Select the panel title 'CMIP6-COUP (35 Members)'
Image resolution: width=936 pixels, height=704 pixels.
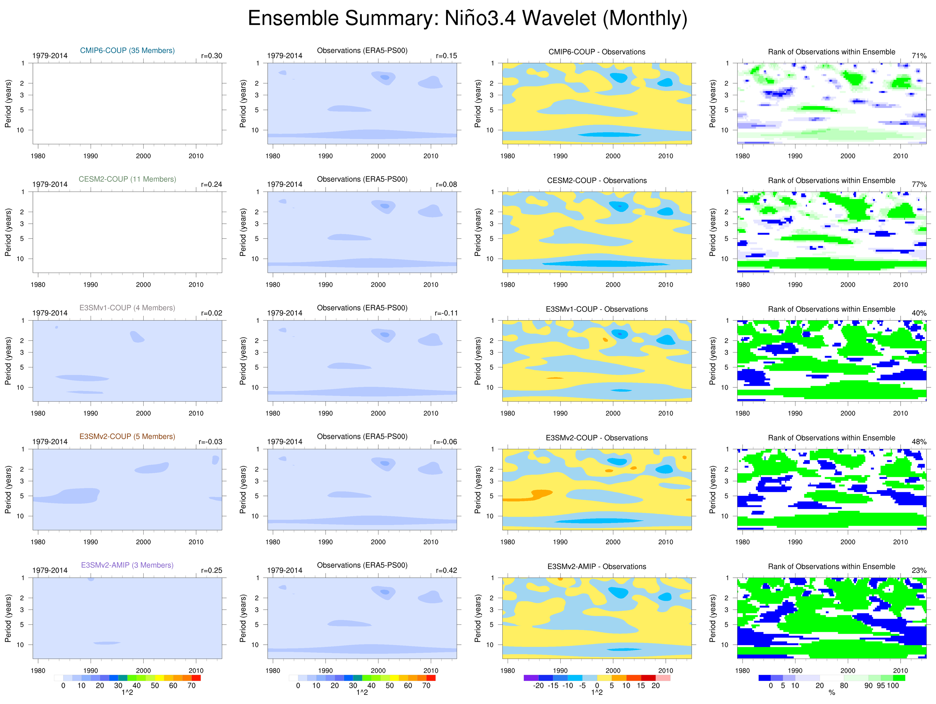pyautogui.click(x=127, y=50)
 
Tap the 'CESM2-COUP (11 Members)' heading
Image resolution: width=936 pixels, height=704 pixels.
pyautogui.click(x=127, y=179)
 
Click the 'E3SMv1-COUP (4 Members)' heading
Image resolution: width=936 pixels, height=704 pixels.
pyautogui.click(x=127, y=307)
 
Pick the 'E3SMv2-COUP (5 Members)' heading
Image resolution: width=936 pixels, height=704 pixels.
pyautogui.click(x=127, y=436)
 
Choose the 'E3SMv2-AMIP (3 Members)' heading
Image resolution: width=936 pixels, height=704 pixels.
pyautogui.click(x=127, y=565)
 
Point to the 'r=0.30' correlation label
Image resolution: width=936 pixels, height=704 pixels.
pyautogui.click(x=212, y=56)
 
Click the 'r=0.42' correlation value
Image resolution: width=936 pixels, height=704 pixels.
pyautogui.click(x=446, y=570)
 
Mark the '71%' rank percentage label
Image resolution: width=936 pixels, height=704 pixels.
pyautogui.click(x=919, y=56)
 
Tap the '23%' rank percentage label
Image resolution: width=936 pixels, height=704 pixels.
pyautogui.click(x=919, y=570)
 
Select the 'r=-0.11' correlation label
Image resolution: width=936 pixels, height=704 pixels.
pyautogui.click(x=446, y=313)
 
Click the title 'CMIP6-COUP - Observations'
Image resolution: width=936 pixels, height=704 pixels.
pyautogui.click(x=597, y=51)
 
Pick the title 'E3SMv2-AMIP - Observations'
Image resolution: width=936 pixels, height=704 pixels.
pyautogui.click(x=597, y=566)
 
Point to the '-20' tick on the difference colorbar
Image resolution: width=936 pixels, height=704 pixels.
pyautogui.click(x=538, y=685)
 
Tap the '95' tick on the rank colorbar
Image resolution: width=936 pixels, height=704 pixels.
pyautogui.click(x=881, y=685)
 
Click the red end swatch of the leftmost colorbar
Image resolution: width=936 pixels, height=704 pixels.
pyautogui.click(x=196, y=678)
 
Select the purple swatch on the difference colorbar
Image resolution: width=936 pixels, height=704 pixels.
pyautogui.click(x=531, y=678)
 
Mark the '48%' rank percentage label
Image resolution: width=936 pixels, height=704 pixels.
pyautogui.click(x=919, y=442)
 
